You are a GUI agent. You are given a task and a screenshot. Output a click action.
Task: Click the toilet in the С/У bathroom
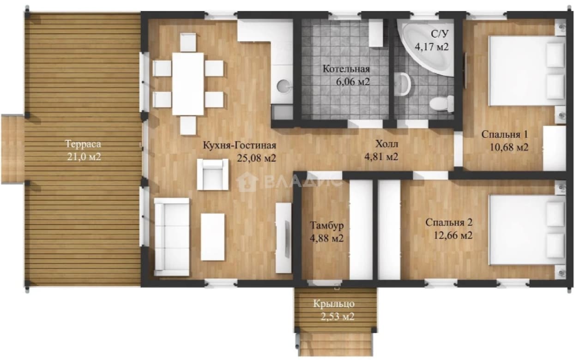(442, 103)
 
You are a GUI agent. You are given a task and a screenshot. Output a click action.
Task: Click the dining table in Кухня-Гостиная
(188, 84)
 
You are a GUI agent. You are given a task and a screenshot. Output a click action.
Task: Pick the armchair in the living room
(213, 174)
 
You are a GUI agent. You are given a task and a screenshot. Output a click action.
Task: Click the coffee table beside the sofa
(212, 237)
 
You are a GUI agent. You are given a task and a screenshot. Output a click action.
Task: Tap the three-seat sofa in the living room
(172, 237)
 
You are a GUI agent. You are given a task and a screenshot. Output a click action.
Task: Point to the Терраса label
(83, 144)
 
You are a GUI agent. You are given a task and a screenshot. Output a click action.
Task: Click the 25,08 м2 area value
(256, 158)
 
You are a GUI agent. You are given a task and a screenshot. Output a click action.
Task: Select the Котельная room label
(346, 69)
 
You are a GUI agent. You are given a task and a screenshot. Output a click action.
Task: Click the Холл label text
(386, 144)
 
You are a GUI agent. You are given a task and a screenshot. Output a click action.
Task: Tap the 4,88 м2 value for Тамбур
(327, 238)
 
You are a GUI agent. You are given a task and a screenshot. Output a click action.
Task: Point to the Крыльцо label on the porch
(334, 304)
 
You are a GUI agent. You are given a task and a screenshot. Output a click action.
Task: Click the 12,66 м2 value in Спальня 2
(453, 235)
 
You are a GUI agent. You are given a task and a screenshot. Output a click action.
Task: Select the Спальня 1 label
(505, 134)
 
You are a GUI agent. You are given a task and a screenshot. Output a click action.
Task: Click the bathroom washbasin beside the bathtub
(403, 84)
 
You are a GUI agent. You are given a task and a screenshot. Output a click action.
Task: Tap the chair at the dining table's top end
(188, 42)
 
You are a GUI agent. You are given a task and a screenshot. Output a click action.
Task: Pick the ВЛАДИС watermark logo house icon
(247, 182)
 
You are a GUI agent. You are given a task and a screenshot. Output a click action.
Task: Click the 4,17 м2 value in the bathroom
(432, 47)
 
